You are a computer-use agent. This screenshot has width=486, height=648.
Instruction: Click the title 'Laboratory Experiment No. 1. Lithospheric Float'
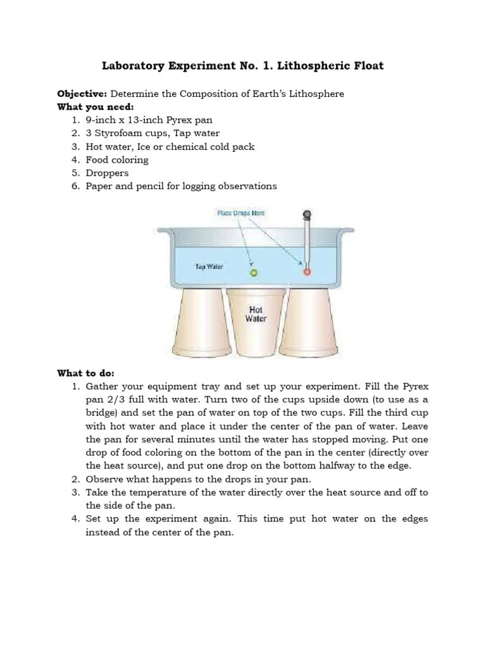(x=244, y=66)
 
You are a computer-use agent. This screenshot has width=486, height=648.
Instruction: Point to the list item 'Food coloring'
(x=117, y=160)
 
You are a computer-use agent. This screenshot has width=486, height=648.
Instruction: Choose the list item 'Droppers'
(x=107, y=173)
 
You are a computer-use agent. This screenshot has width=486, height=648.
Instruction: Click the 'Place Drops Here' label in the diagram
(x=240, y=213)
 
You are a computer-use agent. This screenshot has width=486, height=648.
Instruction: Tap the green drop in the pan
(x=254, y=273)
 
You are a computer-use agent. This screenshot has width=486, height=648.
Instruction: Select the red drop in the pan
(x=308, y=272)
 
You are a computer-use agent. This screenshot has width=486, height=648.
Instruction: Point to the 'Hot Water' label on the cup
(x=256, y=315)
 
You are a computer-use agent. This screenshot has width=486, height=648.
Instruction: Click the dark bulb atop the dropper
(x=308, y=214)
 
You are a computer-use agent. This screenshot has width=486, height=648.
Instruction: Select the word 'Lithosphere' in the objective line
(x=316, y=94)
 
